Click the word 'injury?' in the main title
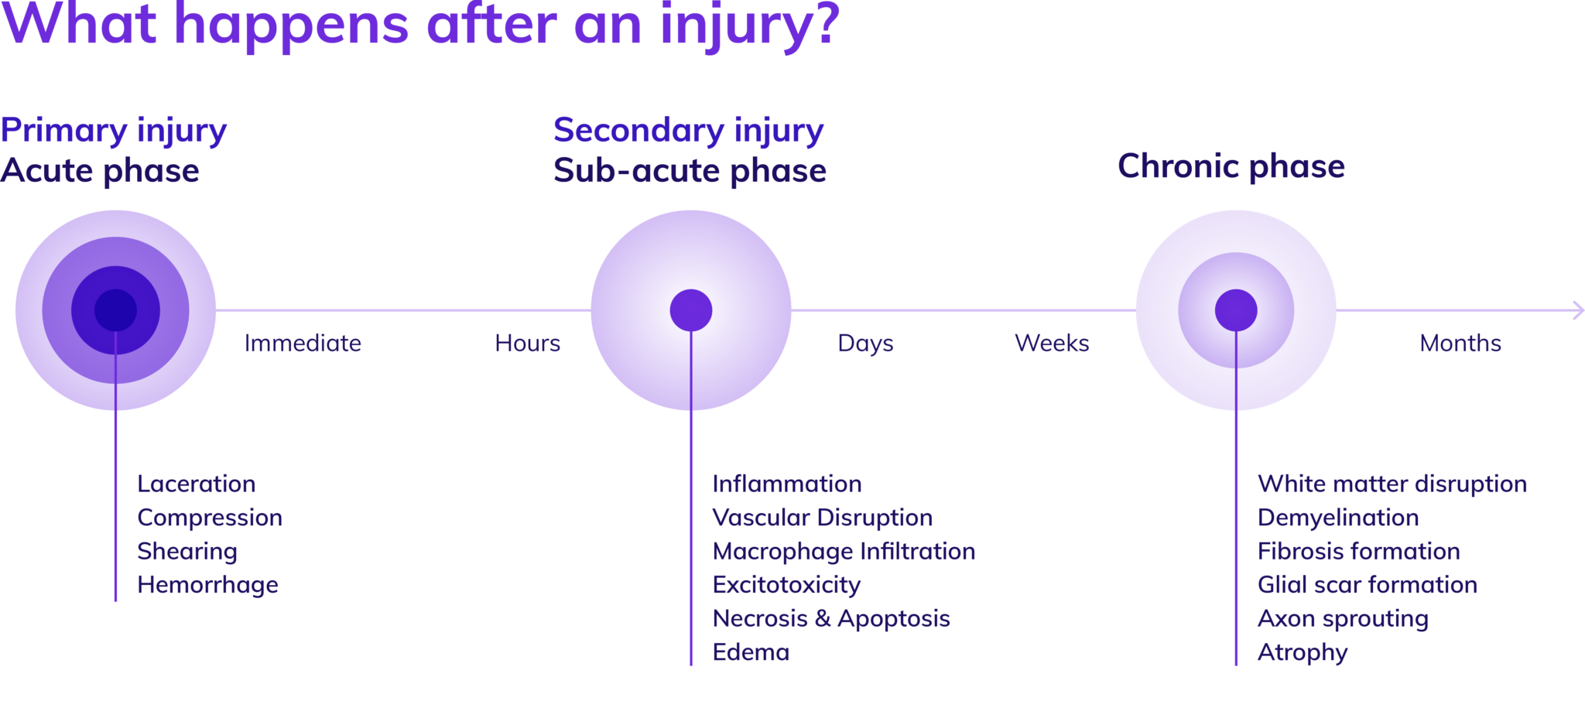coord(749,25)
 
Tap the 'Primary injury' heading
coord(113,131)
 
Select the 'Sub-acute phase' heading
coord(689,170)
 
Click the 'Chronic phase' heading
coord(1231,166)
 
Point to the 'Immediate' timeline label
coord(303,344)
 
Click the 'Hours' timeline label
coord(527,344)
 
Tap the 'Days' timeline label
coord(865,344)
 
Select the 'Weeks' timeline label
coord(1052,344)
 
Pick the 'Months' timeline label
coord(1460,344)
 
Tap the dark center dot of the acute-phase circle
coord(115,310)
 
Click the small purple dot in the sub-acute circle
coord(690,310)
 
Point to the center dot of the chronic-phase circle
coord(1235,310)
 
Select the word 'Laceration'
coord(196,484)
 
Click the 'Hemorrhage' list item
coord(207,586)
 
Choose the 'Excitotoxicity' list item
coord(786,586)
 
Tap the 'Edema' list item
coord(751,653)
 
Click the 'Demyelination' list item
coord(1337,518)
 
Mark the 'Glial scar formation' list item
coord(1367,586)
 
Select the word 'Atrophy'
coord(1302,653)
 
